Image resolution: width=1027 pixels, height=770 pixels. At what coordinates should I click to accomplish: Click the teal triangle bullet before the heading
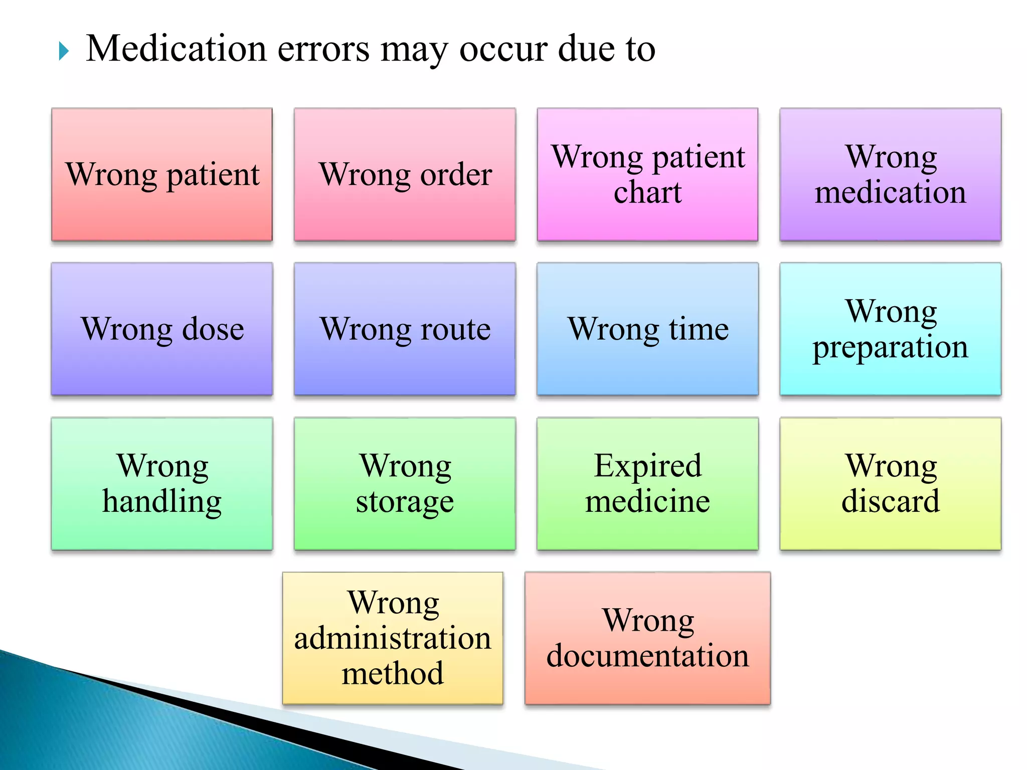tap(63, 51)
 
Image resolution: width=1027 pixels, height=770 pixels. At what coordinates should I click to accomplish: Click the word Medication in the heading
tap(176, 49)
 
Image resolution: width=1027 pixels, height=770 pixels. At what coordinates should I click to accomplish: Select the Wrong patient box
tap(162, 174)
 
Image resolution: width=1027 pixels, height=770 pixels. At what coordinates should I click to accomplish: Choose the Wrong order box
tap(405, 174)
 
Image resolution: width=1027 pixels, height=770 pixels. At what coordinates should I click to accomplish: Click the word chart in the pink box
tap(647, 192)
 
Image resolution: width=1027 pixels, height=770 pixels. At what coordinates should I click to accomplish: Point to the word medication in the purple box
tap(890, 192)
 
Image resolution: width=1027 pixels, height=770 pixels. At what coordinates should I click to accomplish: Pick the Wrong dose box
tap(162, 329)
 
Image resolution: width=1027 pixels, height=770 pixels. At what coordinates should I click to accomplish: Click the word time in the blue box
tap(699, 329)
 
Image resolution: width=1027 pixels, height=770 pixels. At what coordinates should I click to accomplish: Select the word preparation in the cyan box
tap(890, 347)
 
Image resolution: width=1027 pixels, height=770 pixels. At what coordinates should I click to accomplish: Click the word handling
tap(162, 502)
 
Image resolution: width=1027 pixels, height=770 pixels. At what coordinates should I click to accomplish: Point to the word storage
tap(405, 502)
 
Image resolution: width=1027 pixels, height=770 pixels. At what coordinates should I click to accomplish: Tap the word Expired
tap(647, 466)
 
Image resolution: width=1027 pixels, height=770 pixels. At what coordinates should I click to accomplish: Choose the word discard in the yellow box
tap(890, 501)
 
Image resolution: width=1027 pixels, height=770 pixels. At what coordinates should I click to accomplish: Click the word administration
tap(393, 638)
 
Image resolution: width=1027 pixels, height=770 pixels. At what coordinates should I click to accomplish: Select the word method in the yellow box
tap(393, 673)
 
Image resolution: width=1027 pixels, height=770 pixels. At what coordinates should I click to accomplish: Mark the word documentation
tap(647, 656)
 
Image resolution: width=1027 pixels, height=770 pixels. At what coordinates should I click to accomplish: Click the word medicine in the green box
tap(647, 501)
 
